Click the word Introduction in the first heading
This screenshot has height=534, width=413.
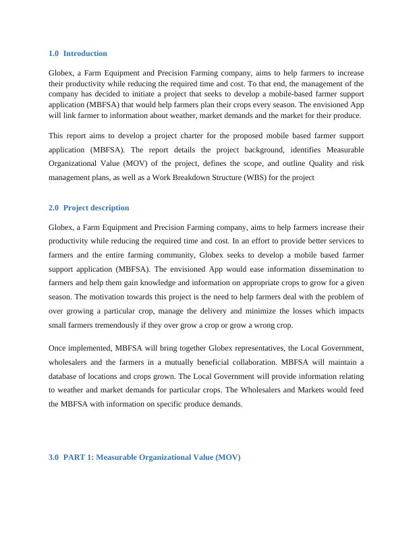tap(85, 53)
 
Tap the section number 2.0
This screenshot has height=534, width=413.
tap(54, 208)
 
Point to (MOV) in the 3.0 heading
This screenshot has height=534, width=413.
tap(226, 457)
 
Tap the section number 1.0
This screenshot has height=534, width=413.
tap(54, 53)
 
